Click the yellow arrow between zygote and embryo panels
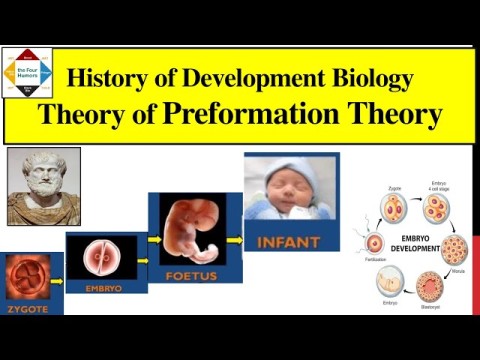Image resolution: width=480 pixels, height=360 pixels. tap(57, 281)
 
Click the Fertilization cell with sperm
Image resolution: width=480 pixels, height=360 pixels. tap(375, 243)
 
